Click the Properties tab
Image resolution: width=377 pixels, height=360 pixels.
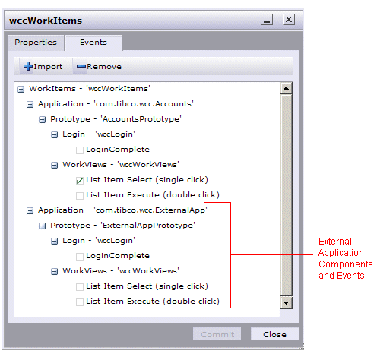pyautogui.click(x=36, y=43)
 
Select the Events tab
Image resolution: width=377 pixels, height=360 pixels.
pyautogui.click(x=93, y=43)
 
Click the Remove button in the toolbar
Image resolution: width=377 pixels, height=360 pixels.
pyautogui.click(x=99, y=67)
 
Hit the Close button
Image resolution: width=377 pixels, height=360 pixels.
pyautogui.click(x=274, y=334)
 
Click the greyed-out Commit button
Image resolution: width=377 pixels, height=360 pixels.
pyautogui.click(x=217, y=334)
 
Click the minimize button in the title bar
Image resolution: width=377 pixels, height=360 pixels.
pyautogui.click(x=267, y=20)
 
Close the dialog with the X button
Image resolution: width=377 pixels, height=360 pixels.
pyautogui.click(x=289, y=20)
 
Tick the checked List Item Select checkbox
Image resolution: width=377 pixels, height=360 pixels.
pyautogui.click(x=80, y=181)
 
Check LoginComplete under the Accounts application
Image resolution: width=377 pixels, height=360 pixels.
pyautogui.click(x=80, y=150)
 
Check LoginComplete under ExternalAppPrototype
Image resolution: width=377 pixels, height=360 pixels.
pyautogui.click(x=80, y=257)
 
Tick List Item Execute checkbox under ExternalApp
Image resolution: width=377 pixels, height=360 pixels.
pyautogui.click(x=80, y=302)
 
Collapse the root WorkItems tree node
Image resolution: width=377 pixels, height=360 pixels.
pyautogui.click(x=21, y=89)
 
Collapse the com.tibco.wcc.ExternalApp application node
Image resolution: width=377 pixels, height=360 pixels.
pyautogui.click(x=30, y=210)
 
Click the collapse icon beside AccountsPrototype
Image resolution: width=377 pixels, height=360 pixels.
pyautogui.click(x=42, y=119)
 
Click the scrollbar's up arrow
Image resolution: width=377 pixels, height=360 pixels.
pyautogui.click(x=287, y=88)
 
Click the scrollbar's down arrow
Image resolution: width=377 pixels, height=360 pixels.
pyautogui.click(x=287, y=302)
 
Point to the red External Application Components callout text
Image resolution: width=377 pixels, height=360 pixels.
pyautogui.click(x=345, y=258)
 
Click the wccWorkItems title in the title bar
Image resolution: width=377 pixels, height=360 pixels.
pyautogui.click(x=46, y=21)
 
